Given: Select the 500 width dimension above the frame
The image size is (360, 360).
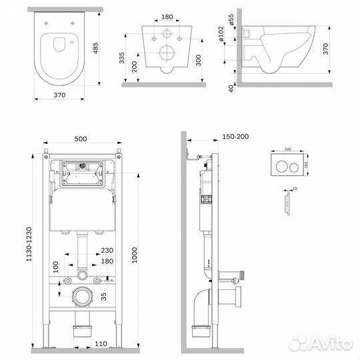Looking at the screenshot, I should (x=80, y=139).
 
